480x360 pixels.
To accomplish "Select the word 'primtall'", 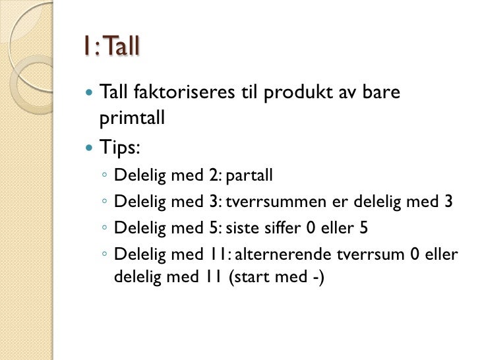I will (130, 119).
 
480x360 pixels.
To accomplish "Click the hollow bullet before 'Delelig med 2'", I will (105, 177).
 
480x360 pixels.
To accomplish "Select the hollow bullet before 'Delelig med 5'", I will (105, 228).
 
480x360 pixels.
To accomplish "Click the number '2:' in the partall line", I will (216, 176).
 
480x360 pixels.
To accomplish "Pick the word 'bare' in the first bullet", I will (382, 95).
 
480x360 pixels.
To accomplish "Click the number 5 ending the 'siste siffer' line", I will (363, 227).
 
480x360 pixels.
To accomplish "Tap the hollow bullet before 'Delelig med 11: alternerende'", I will (105, 255).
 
